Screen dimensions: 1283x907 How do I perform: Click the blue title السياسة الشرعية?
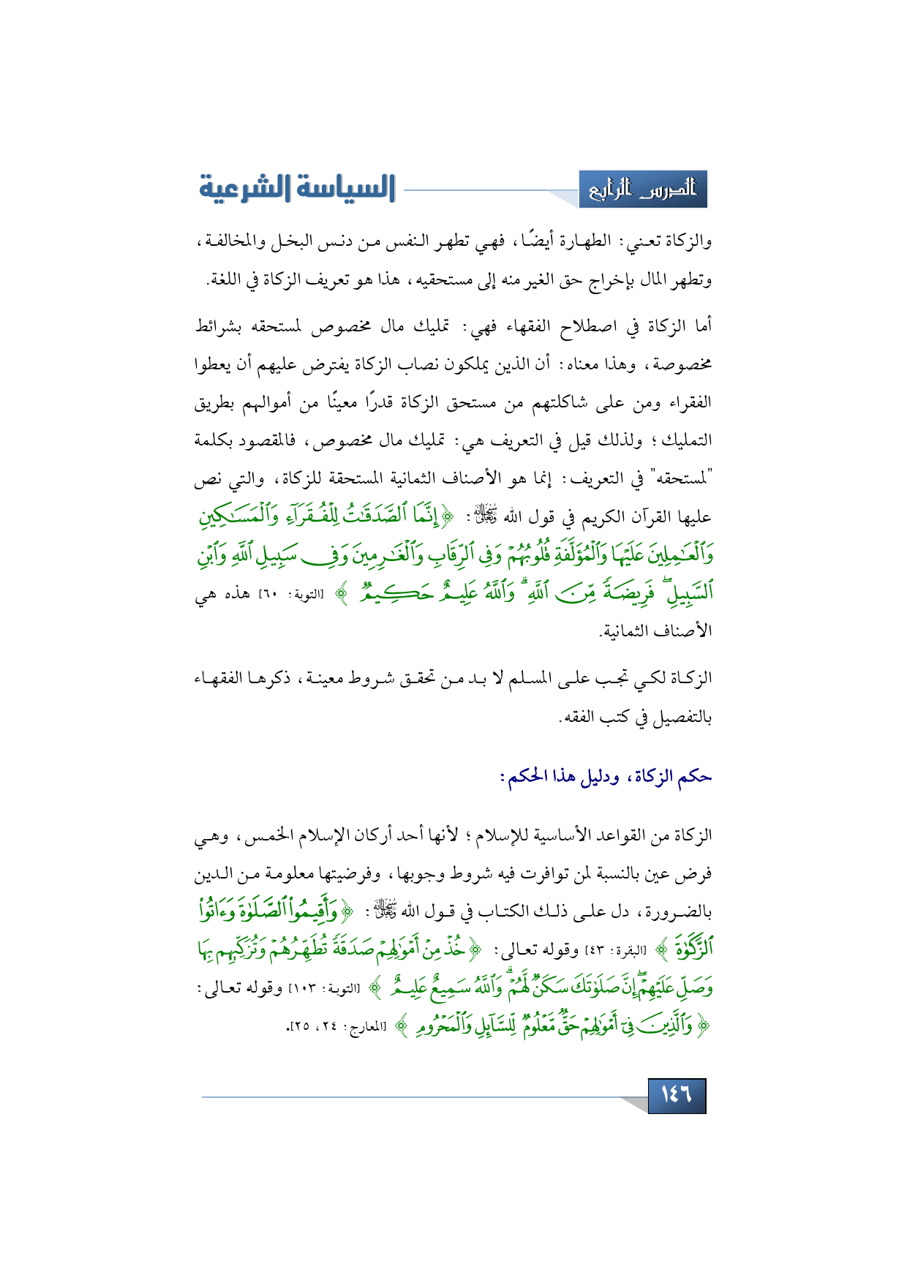[x=297, y=188]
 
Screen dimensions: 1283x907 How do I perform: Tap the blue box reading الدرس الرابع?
[x=643, y=189]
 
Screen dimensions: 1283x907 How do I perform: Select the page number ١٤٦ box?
[x=677, y=1095]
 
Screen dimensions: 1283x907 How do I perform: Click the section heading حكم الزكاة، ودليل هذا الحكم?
[x=606, y=776]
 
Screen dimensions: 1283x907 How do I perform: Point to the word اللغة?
[x=225, y=280]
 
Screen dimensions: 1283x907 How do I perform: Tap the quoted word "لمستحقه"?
[x=678, y=480]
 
